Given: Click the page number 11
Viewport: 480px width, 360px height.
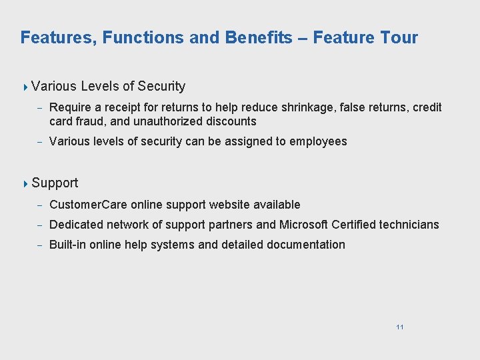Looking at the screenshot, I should [399, 327].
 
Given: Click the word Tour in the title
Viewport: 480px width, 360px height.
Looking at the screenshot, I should [398, 37].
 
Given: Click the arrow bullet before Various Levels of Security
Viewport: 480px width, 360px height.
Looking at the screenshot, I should [25, 87].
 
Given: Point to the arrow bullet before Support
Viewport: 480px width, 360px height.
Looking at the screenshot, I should [25, 183].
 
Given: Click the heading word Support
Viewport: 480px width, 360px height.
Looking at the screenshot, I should [55, 183].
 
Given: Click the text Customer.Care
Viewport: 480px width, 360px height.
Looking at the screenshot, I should [88, 205].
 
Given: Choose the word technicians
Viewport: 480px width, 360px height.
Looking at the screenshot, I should [409, 225].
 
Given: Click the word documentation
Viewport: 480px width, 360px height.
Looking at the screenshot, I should [306, 245].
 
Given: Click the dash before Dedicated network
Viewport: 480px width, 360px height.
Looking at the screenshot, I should [41, 225].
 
